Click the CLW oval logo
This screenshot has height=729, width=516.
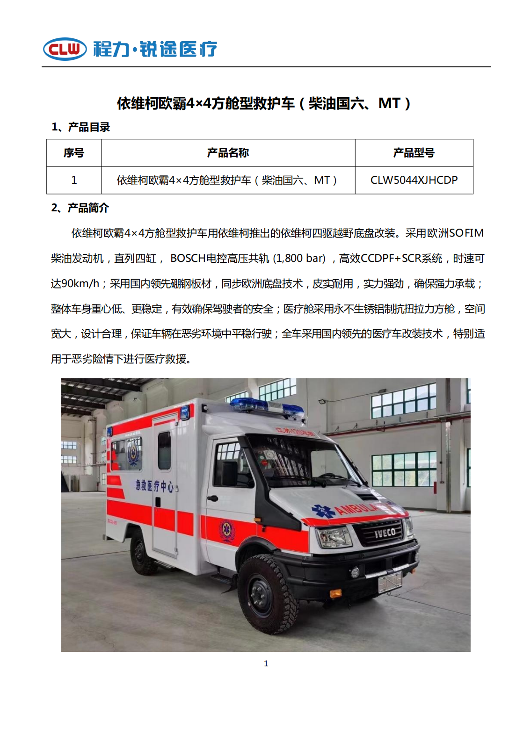click(x=65, y=49)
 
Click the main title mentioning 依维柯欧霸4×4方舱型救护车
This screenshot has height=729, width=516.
click(x=264, y=103)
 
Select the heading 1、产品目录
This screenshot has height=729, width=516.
click(x=80, y=127)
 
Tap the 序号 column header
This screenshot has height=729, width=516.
click(x=74, y=153)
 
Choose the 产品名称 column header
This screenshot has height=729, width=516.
click(x=228, y=153)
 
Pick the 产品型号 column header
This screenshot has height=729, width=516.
click(x=414, y=153)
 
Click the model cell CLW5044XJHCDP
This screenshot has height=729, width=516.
click(x=414, y=180)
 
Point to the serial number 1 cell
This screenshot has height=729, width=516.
click(x=74, y=180)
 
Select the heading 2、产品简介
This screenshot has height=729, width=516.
click(x=80, y=208)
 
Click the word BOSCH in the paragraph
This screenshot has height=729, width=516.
click(x=188, y=259)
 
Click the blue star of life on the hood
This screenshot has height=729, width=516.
click(x=323, y=511)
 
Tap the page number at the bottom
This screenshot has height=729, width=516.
click(x=266, y=664)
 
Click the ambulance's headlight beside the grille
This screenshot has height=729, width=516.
click(x=334, y=536)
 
